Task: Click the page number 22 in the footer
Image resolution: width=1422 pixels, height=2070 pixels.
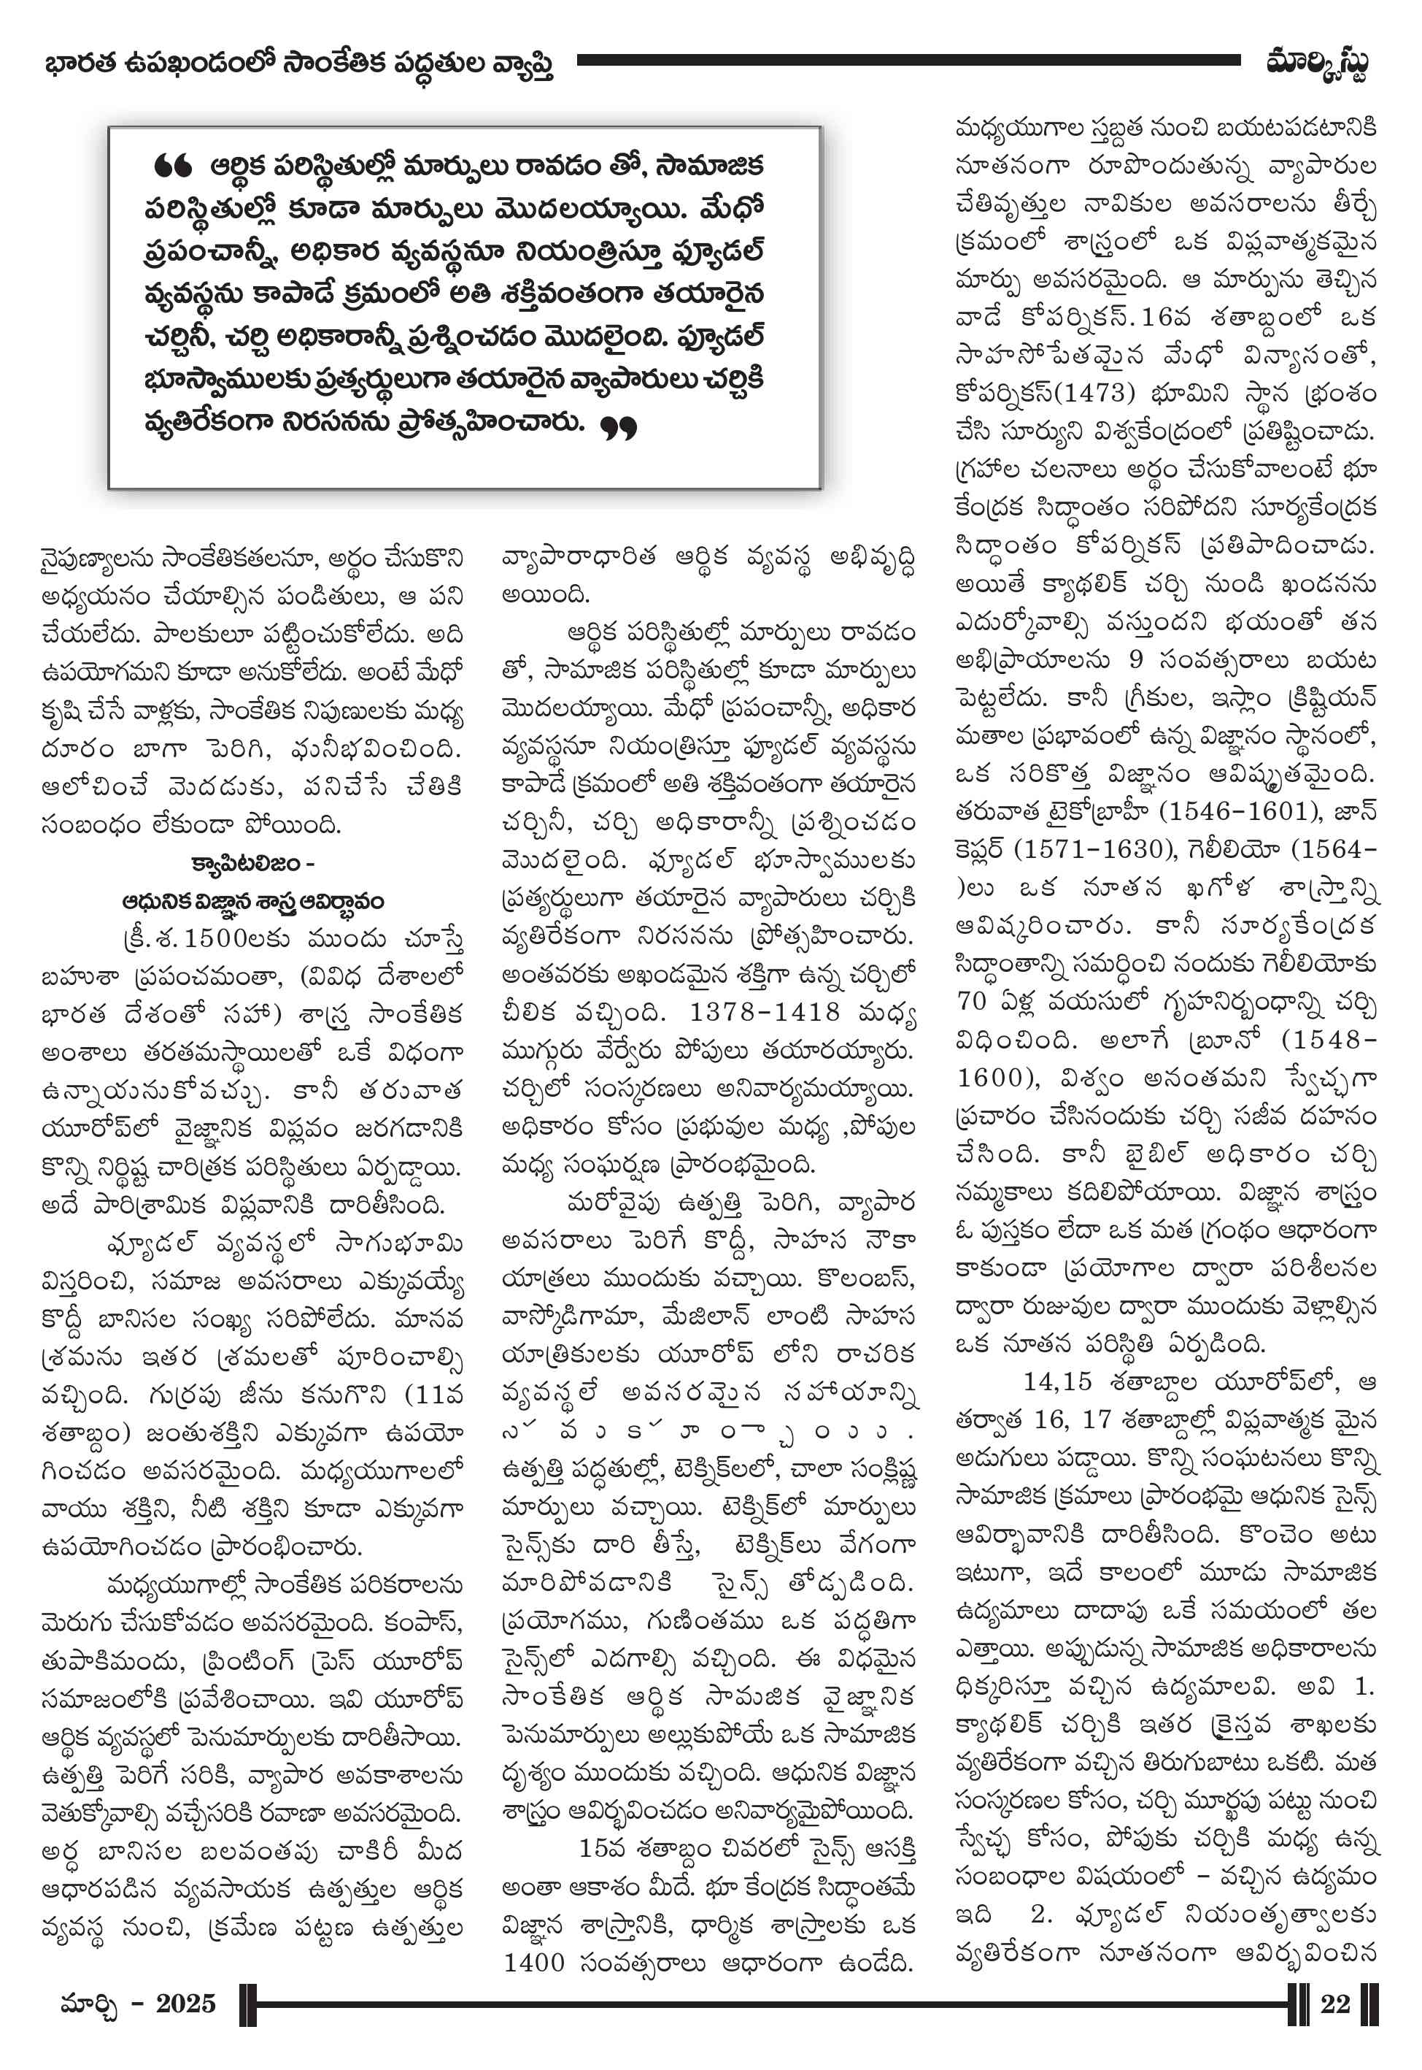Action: (1334, 2003)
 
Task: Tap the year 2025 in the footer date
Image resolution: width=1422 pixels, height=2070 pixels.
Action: (185, 2003)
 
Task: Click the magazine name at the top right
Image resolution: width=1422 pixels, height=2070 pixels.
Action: (1316, 64)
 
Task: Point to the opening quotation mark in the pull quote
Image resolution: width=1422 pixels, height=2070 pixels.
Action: (172, 166)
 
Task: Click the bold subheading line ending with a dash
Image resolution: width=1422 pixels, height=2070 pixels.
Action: (253, 863)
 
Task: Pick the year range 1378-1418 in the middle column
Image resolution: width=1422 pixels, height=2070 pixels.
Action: (765, 1012)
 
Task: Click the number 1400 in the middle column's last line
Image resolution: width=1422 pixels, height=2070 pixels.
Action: (533, 1961)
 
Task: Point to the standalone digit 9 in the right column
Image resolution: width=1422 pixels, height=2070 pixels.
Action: (1135, 659)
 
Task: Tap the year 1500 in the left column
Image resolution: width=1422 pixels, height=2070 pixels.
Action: (234, 938)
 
